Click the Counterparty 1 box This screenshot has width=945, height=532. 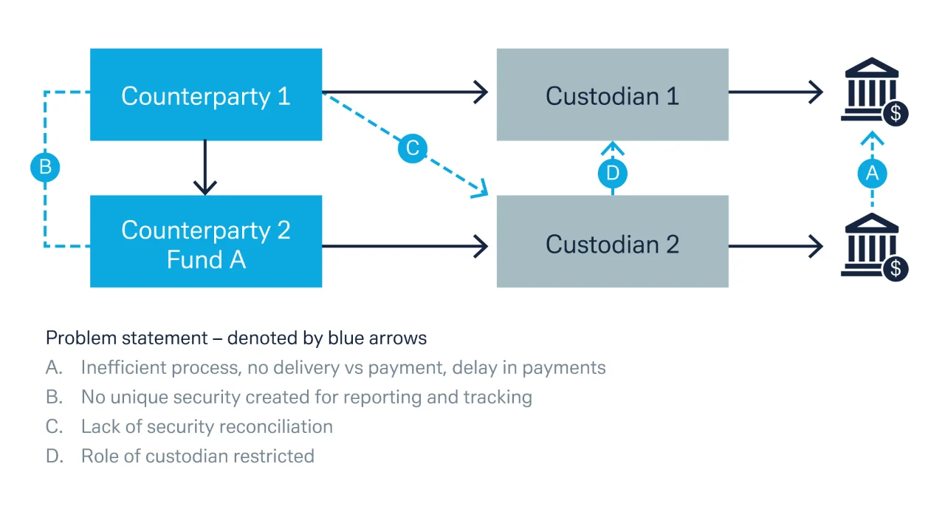point(206,95)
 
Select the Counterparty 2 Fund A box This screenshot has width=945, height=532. point(206,241)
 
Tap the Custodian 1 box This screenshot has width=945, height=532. point(613,95)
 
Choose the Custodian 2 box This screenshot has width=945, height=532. point(613,241)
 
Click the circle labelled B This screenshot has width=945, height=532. point(45,167)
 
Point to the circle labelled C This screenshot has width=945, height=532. point(413,149)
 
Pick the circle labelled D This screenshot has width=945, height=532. point(613,173)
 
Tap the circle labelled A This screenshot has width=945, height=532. point(873,173)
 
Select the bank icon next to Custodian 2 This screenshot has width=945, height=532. point(874,247)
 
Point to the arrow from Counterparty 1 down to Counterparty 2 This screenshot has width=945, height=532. point(205,168)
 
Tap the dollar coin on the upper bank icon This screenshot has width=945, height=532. point(896,114)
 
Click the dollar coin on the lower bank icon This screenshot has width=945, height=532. point(896,269)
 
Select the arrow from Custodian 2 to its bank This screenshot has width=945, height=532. point(776,246)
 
